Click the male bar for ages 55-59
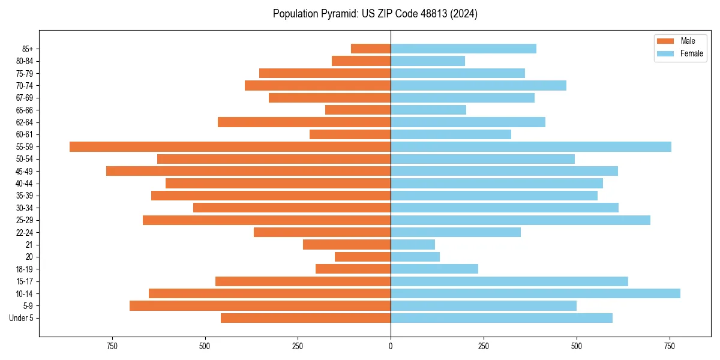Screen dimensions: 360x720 [230, 146]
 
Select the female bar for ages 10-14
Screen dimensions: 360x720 [535, 293]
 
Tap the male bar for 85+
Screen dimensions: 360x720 [371, 49]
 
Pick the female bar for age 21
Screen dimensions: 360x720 [413, 244]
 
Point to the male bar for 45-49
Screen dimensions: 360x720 [248, 171]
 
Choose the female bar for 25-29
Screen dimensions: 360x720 [520, 220]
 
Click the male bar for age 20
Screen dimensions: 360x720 [362, 257]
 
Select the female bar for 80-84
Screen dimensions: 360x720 [428, 61]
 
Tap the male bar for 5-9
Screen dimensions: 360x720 [260, 305]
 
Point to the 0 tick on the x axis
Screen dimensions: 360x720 [391, 346]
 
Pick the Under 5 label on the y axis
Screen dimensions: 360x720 [21, 318]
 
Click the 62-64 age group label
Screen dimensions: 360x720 [25, 122]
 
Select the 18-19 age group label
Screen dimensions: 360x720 [25, 269]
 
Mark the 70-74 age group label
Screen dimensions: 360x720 [25, 86]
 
